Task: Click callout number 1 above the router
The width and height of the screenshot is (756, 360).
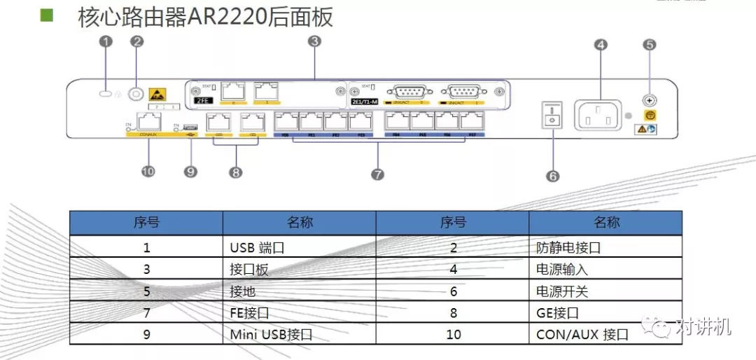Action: tap(106, 42)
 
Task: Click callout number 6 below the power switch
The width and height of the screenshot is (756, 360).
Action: tap(553, 176)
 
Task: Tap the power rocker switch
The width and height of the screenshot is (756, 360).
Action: tap(553, 113)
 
